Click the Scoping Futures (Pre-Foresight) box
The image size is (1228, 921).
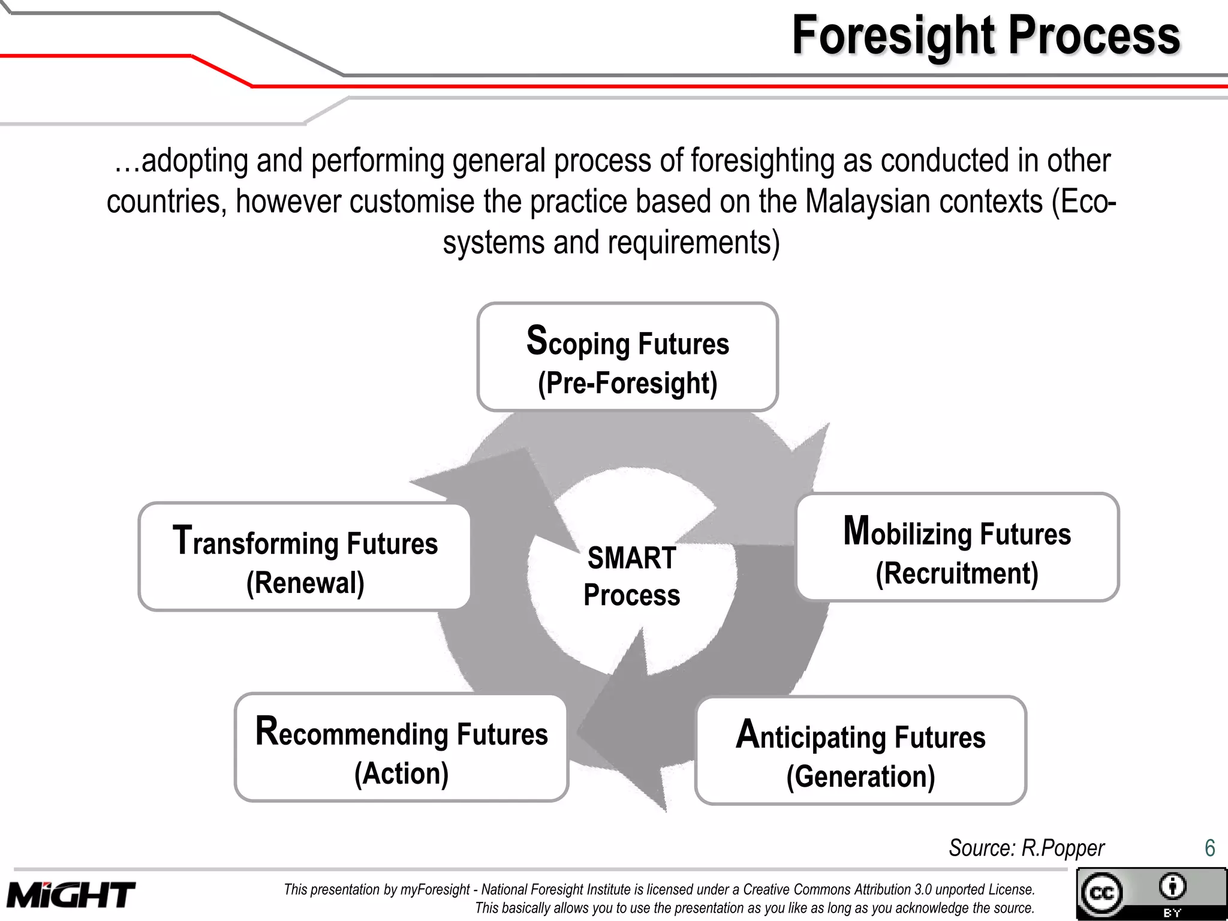[x=627, y=357]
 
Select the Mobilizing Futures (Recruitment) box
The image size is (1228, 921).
[x=957, y=547]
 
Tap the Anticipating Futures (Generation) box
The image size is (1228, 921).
[x=860, y=750]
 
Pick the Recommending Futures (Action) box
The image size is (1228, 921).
[x=401, y=748]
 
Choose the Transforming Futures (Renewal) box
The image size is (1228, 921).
[x=305, y=557]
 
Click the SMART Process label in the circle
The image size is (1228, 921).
[x=632, y=576]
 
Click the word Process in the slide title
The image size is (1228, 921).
[x=1094, y=36]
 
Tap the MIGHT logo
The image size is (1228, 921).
[x=71, y=895]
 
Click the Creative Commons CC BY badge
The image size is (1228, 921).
[x=1151, y=893]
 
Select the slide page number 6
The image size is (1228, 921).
[x=1209, y=848]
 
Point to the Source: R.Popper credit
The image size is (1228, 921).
[x=1026, y=848]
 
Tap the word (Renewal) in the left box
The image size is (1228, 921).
[x=305, y=582]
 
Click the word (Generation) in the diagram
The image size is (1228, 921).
[x=860, y=776]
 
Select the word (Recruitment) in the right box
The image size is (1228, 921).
[x=957, y=573]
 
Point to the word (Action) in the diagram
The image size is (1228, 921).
[x=401, y=773]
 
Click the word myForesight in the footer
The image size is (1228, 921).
[x=435, y=889]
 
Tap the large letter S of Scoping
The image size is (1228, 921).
[x=537, y=340]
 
